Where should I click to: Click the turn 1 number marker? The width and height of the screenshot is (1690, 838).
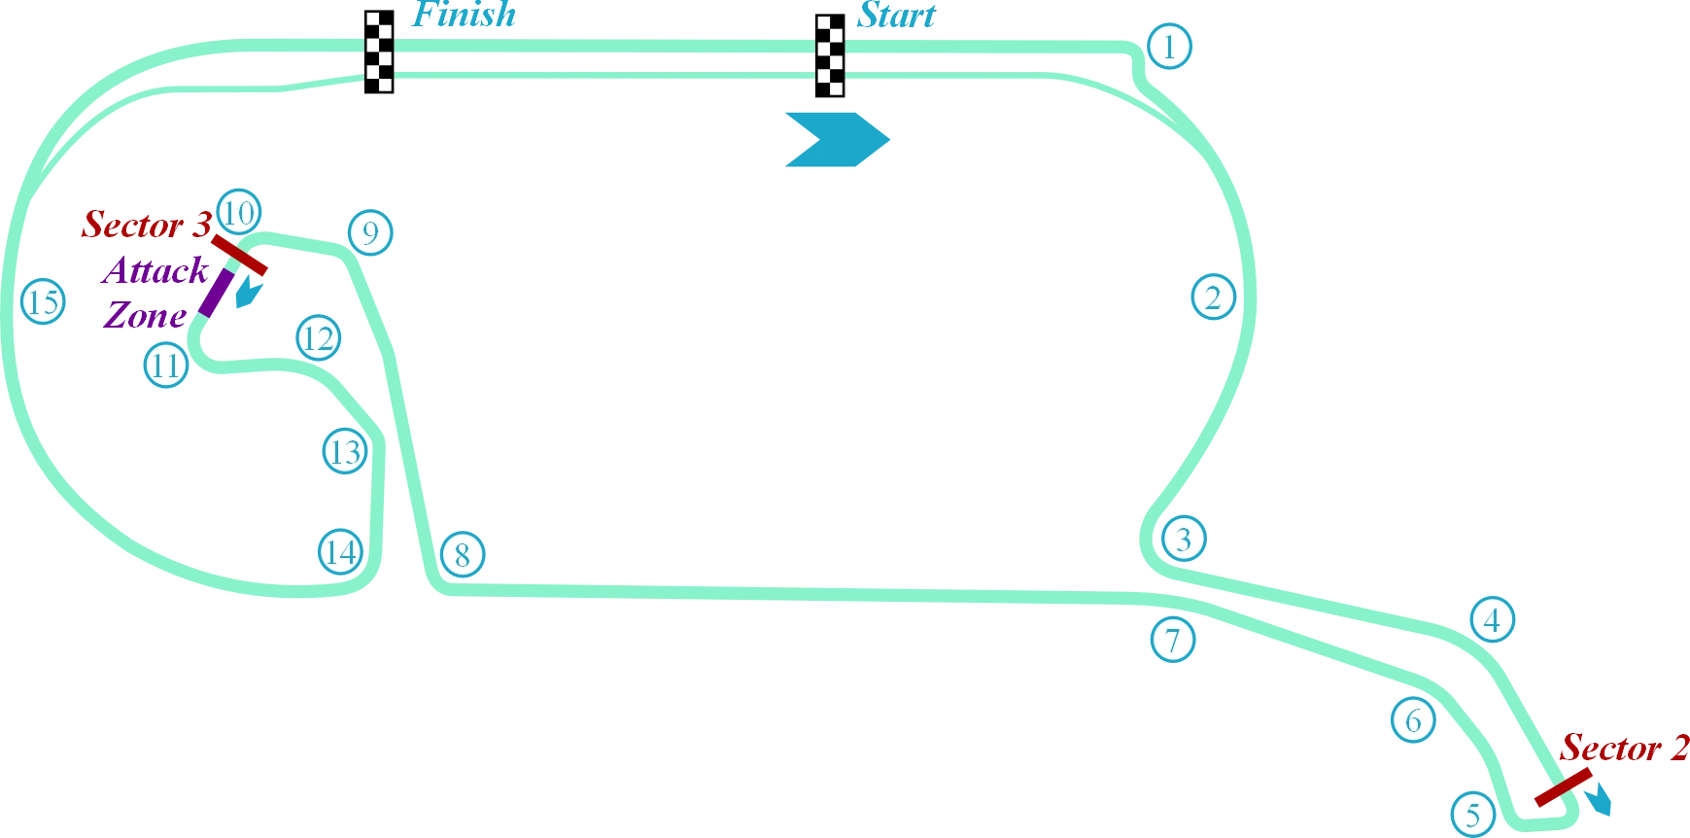point(1169,46)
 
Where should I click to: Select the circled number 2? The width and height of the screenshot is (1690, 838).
point(1212,297)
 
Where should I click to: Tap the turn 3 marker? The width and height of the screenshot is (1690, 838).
point(1183,538)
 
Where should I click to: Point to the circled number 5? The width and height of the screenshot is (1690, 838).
point(1472,814)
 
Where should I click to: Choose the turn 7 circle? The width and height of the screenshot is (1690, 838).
point(1172,640)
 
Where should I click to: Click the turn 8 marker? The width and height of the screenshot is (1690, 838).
point(462,554)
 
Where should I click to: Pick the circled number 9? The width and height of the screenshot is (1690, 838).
point(369,232)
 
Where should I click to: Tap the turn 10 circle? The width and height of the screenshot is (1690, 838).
point(238,212)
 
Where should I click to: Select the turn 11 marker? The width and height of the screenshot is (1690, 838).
point(166,366)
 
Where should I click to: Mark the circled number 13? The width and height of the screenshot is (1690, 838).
point(344,451)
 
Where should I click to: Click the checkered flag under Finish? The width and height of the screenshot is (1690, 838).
point(377,54)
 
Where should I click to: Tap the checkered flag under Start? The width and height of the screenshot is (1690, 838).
point(828,54)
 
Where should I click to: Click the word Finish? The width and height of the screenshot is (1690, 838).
point(464,17)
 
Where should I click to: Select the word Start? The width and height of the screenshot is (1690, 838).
point(896,17)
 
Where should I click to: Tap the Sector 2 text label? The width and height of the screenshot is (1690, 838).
point(1624,749)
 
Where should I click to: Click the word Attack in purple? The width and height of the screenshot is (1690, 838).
point(155,271)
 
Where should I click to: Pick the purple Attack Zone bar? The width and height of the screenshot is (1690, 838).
point(215,294)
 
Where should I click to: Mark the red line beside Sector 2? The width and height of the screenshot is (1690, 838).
point(1562,787)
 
